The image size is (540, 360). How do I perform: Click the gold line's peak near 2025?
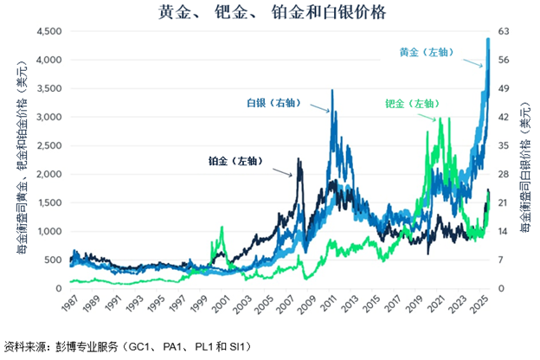click(489, 39)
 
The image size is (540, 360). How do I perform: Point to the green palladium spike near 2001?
click(222, 228)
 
